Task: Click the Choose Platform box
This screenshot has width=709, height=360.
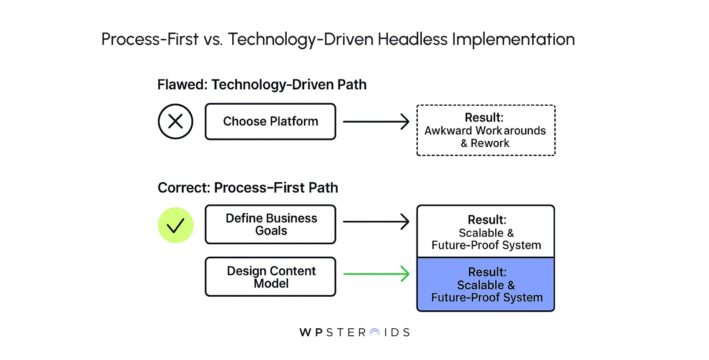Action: click(x=270, y=121)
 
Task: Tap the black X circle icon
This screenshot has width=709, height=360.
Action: click(x=175, y=121)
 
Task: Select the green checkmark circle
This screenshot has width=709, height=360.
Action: click(x=175, y=225)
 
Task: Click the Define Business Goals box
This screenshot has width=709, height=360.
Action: click(x=270, y=224)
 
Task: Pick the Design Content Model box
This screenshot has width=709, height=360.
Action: click(x=270, y=277)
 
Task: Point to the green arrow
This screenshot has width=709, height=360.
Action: click(x=376, y=274)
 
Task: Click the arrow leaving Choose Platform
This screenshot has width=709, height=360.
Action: click(x=376, y=121)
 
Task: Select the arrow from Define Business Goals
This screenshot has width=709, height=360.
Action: click(x=376, y=222)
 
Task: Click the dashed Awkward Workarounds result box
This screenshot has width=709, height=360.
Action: click(x=486, y=130)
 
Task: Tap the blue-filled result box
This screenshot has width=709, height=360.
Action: click(x=486, y=285)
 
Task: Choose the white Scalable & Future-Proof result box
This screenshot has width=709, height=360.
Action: click(x=486, y=231)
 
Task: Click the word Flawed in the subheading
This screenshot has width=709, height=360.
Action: click(x=181, y=84)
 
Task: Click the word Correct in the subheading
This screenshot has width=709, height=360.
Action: click(x=183, y=188)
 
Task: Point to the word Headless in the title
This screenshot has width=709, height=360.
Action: click(x=412, y=40)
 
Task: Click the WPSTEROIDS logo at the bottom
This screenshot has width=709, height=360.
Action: click(x=354, y=332)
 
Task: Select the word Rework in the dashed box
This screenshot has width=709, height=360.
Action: click(x=490, y=143)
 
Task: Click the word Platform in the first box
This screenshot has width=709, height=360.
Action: click(x=294, y=121)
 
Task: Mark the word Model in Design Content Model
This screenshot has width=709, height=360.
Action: click(x=271, y=284)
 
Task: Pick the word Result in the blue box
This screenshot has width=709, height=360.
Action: click(x=487, y=272)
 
